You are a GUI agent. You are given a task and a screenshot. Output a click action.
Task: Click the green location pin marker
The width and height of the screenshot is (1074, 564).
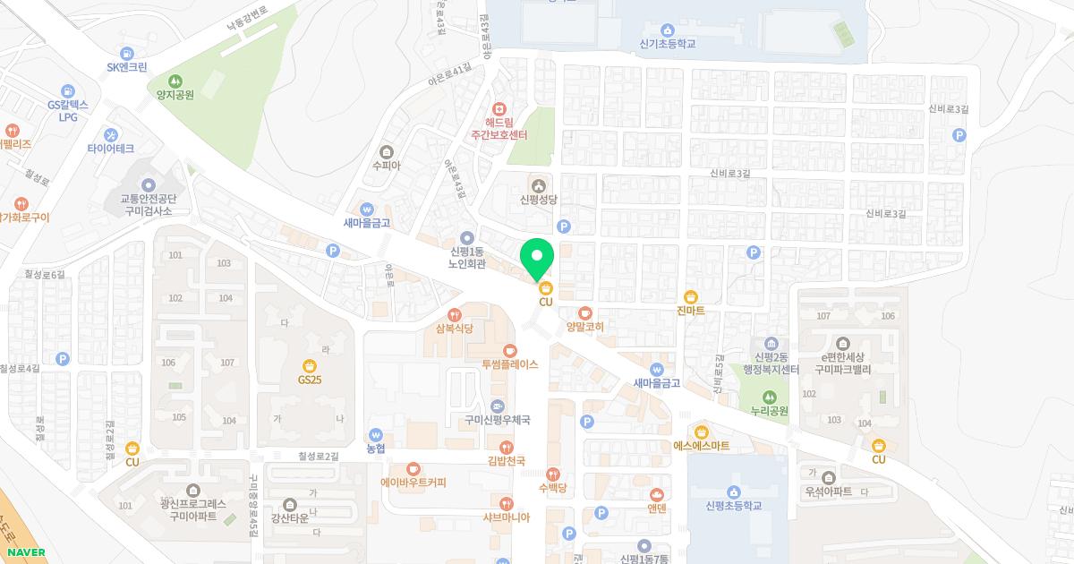pos(537,259)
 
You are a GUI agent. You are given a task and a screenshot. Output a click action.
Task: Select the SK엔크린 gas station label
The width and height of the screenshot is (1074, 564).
pos(126,66)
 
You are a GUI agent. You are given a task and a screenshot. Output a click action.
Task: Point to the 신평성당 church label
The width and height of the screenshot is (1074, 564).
pos(538,200)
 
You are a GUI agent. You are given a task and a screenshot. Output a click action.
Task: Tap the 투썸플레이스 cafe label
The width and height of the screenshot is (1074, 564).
pos(509,364)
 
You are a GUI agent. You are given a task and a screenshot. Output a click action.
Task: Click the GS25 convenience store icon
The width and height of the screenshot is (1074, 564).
pos(310,365)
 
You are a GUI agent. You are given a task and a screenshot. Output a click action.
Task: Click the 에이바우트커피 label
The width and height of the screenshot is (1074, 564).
pos(413,482)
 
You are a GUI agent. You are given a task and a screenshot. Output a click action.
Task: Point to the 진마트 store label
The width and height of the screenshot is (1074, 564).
pos(690,311)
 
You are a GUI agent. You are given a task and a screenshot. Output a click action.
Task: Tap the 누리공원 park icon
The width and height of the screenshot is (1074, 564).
pos(769,397)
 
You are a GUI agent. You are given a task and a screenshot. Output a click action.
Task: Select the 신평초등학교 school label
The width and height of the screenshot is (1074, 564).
pos(733,506)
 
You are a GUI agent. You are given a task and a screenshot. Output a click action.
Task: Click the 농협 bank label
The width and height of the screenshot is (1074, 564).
pos(375,448)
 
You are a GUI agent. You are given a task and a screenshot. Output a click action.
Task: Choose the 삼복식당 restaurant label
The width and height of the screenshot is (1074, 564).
pos(454,329)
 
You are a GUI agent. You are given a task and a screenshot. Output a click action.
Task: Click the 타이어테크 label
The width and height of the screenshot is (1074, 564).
pos(111,148)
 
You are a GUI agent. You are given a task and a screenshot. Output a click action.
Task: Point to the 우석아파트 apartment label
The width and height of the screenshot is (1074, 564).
pos(828,491)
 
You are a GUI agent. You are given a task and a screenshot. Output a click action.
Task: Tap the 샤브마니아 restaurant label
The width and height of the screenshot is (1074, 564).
pos(507,517)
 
